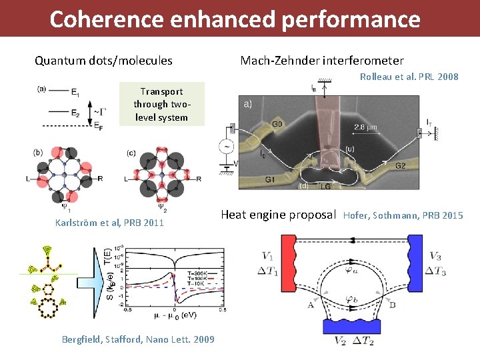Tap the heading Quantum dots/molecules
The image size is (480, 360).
pyautogui.click(x=103, y=61)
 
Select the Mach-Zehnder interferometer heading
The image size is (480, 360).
pyautogui.click(x=322, y=61)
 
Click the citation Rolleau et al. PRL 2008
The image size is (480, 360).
pyautogui.click(x=409, y=77)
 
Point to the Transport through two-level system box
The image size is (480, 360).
pyautogui.click(x=161, y=105)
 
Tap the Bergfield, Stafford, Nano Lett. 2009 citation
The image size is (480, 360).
pyautogui.click(x=138, y=339)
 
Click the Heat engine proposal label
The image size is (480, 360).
pyautogui.click(x=277, y=215)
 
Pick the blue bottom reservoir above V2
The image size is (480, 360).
pyautogui.click(x=351, y=325)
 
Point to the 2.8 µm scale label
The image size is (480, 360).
pyautogui.click(x=365, y=127)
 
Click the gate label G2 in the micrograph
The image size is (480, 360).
pyautogui.click(x=400, y=165)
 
